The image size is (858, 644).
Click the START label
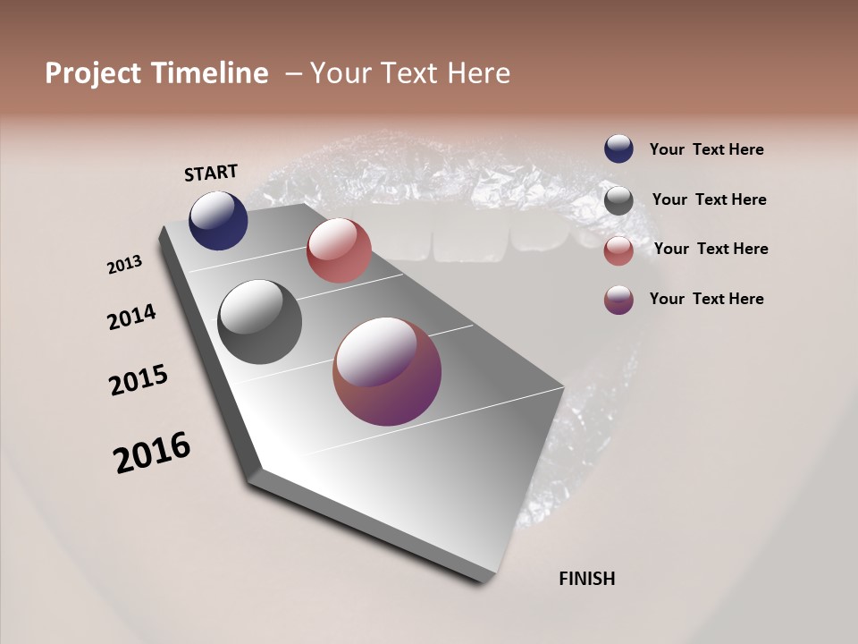(x=211, y=173)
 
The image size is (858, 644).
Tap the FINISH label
(x=586, y=579)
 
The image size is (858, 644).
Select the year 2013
(x=125, y=265)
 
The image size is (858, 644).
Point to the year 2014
(x=132, y=317)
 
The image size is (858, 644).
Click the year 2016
(x=152, y=452)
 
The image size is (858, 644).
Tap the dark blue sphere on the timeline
(x=218, y=221)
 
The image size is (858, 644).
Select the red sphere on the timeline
(x=339, y=250)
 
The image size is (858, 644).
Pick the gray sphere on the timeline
(x=259, y=322)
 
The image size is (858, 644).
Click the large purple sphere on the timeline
(x=387, y=371)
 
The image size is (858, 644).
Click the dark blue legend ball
(x=618, y=149)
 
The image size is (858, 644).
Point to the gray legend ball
(x=618, y=200)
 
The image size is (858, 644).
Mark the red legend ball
(x=618, y=250)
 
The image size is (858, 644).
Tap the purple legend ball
(x=618, y=300)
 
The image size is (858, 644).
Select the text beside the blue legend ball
(x=706, y=150)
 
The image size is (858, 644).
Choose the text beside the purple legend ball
(x=706, y=299)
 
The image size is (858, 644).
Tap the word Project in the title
(x=93, y=73)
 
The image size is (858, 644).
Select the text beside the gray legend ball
(x=709, y=199)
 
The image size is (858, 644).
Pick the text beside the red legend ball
(x=711, y=249)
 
